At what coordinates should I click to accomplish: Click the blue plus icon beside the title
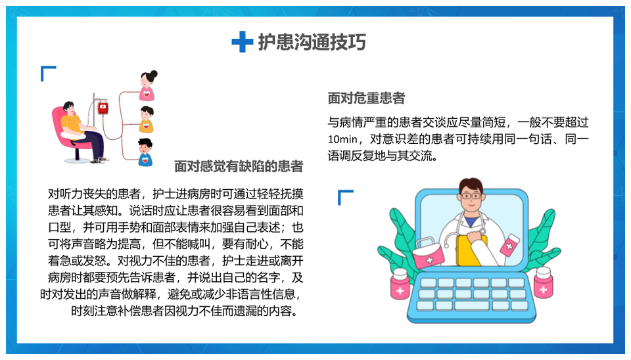tap(243, 42)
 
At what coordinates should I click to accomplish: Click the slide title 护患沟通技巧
tap(312, 42)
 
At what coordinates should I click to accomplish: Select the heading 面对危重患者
tap(366, 98)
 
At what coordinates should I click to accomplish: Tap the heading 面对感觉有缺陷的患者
tap(239, 166)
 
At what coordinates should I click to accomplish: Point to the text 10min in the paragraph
tap(342, 139)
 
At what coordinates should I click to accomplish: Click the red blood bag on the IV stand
tap(103, 107)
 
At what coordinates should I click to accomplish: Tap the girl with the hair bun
tap(148, 85)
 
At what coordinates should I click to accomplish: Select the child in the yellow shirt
tap(147, 120)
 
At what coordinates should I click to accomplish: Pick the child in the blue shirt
tap(145, 152)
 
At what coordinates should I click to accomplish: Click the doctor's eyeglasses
tap(471, 196)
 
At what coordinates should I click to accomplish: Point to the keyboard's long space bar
tap(472, 305)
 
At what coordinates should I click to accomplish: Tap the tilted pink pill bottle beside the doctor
tap(510, 245)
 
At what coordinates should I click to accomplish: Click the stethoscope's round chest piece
tap(447, 246)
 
